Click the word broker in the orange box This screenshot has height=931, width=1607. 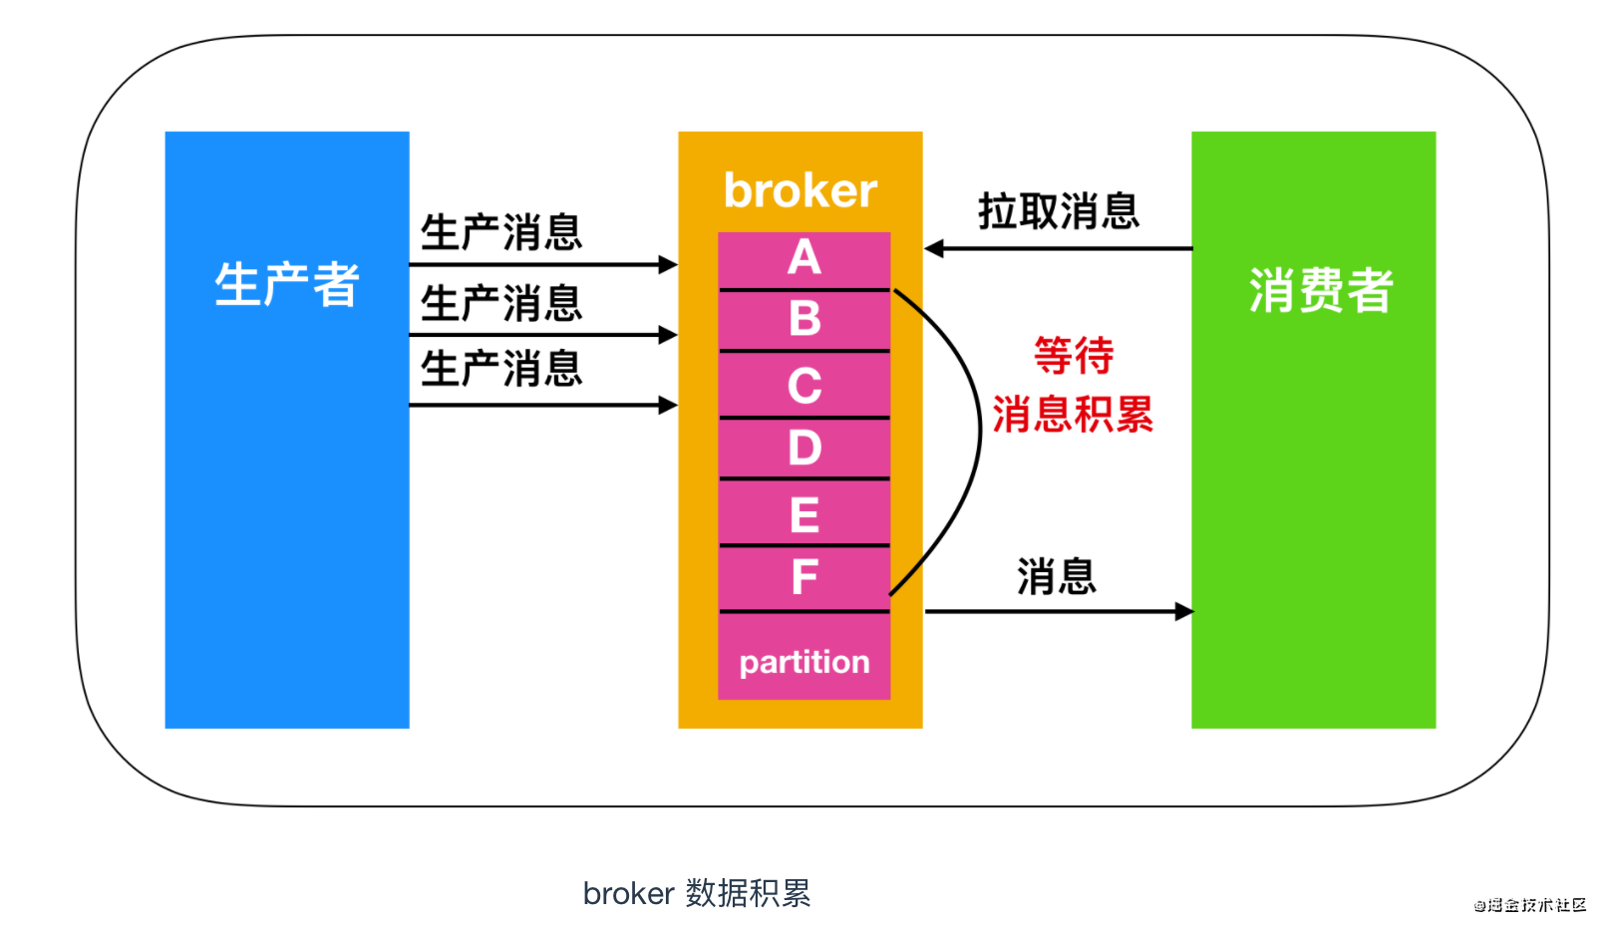point(800,190)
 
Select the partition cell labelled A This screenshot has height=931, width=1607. point(804,259)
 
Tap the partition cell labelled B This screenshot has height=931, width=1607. point(804,320)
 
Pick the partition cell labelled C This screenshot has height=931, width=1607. point(804,386)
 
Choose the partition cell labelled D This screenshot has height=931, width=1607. point(804,448)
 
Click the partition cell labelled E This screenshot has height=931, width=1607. point(804,514)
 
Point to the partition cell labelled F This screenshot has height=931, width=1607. point(804,577)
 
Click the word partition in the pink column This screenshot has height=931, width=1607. point(804,662)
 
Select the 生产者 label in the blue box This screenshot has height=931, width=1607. point(286,285)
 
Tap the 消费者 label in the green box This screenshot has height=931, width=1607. point(1320,291)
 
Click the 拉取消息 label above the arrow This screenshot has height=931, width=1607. point(1058,211)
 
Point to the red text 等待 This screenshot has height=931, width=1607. point(1073,356)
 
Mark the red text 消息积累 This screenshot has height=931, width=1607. point(1073,415)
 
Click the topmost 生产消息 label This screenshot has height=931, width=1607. point(500,232)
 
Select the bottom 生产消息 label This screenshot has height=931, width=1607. point(500,369)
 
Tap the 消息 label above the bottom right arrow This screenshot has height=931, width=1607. point(1056,577)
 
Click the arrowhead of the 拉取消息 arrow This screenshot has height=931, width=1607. point(934,248)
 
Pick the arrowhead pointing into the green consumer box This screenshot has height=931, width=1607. point(1183,611)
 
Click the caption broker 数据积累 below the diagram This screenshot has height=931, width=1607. point(696,893)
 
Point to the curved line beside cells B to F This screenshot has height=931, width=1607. point(980,439)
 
